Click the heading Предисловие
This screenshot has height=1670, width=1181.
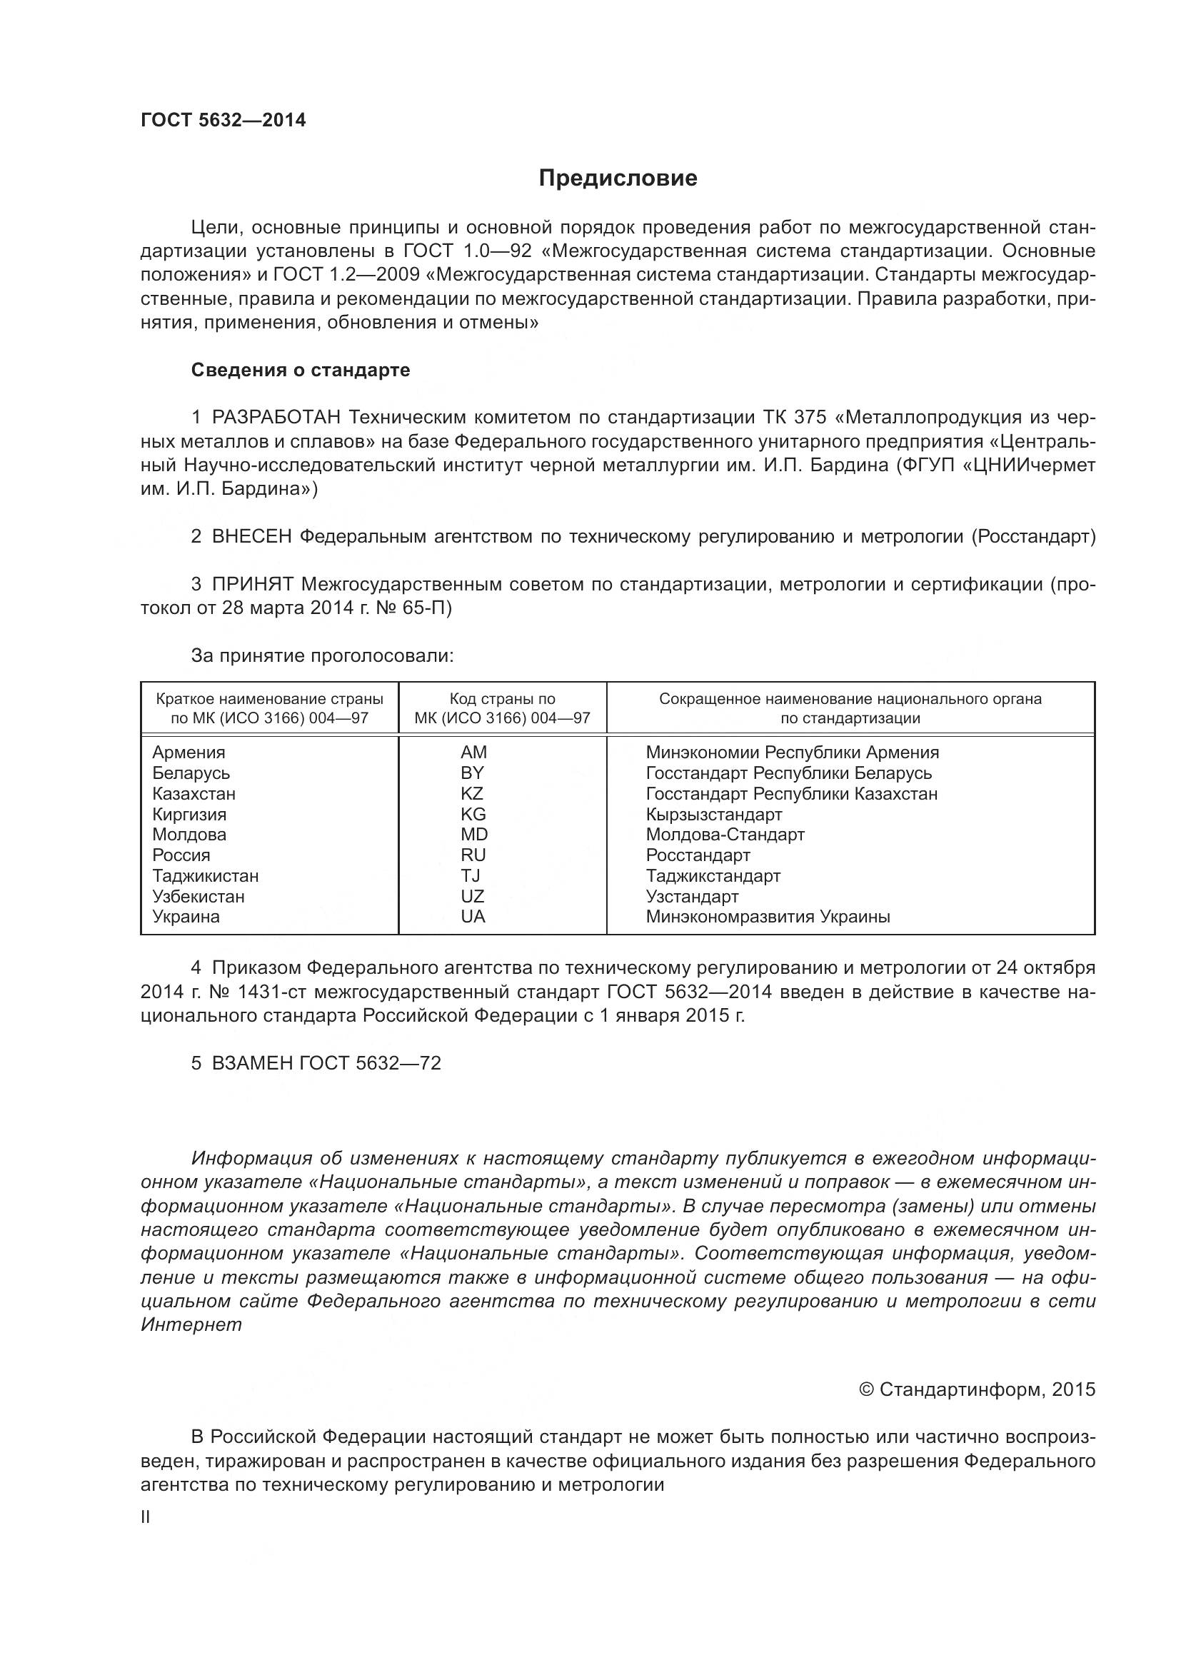click(x=618, y=178)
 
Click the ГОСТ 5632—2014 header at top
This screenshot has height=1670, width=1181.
click(x=223, y=120)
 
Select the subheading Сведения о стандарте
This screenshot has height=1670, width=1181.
click(x=301, y=371)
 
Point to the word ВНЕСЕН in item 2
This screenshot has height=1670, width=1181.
click(x=251, y=537)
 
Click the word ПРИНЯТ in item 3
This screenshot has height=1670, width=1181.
click(x=252, y=584)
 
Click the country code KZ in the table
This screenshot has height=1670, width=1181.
click(x=472, y=793)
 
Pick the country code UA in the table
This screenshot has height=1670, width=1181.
click(x=473, y=917)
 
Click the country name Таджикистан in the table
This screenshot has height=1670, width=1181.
click(x=205, y=876)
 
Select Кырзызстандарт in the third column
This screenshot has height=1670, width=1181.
click(x=713, y=814)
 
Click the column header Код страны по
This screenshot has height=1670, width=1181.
click(x=502, y=699)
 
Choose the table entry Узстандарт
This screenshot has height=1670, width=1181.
click(x=692, y=896)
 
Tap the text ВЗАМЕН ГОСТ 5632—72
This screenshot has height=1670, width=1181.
click(x=326, y=1063)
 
